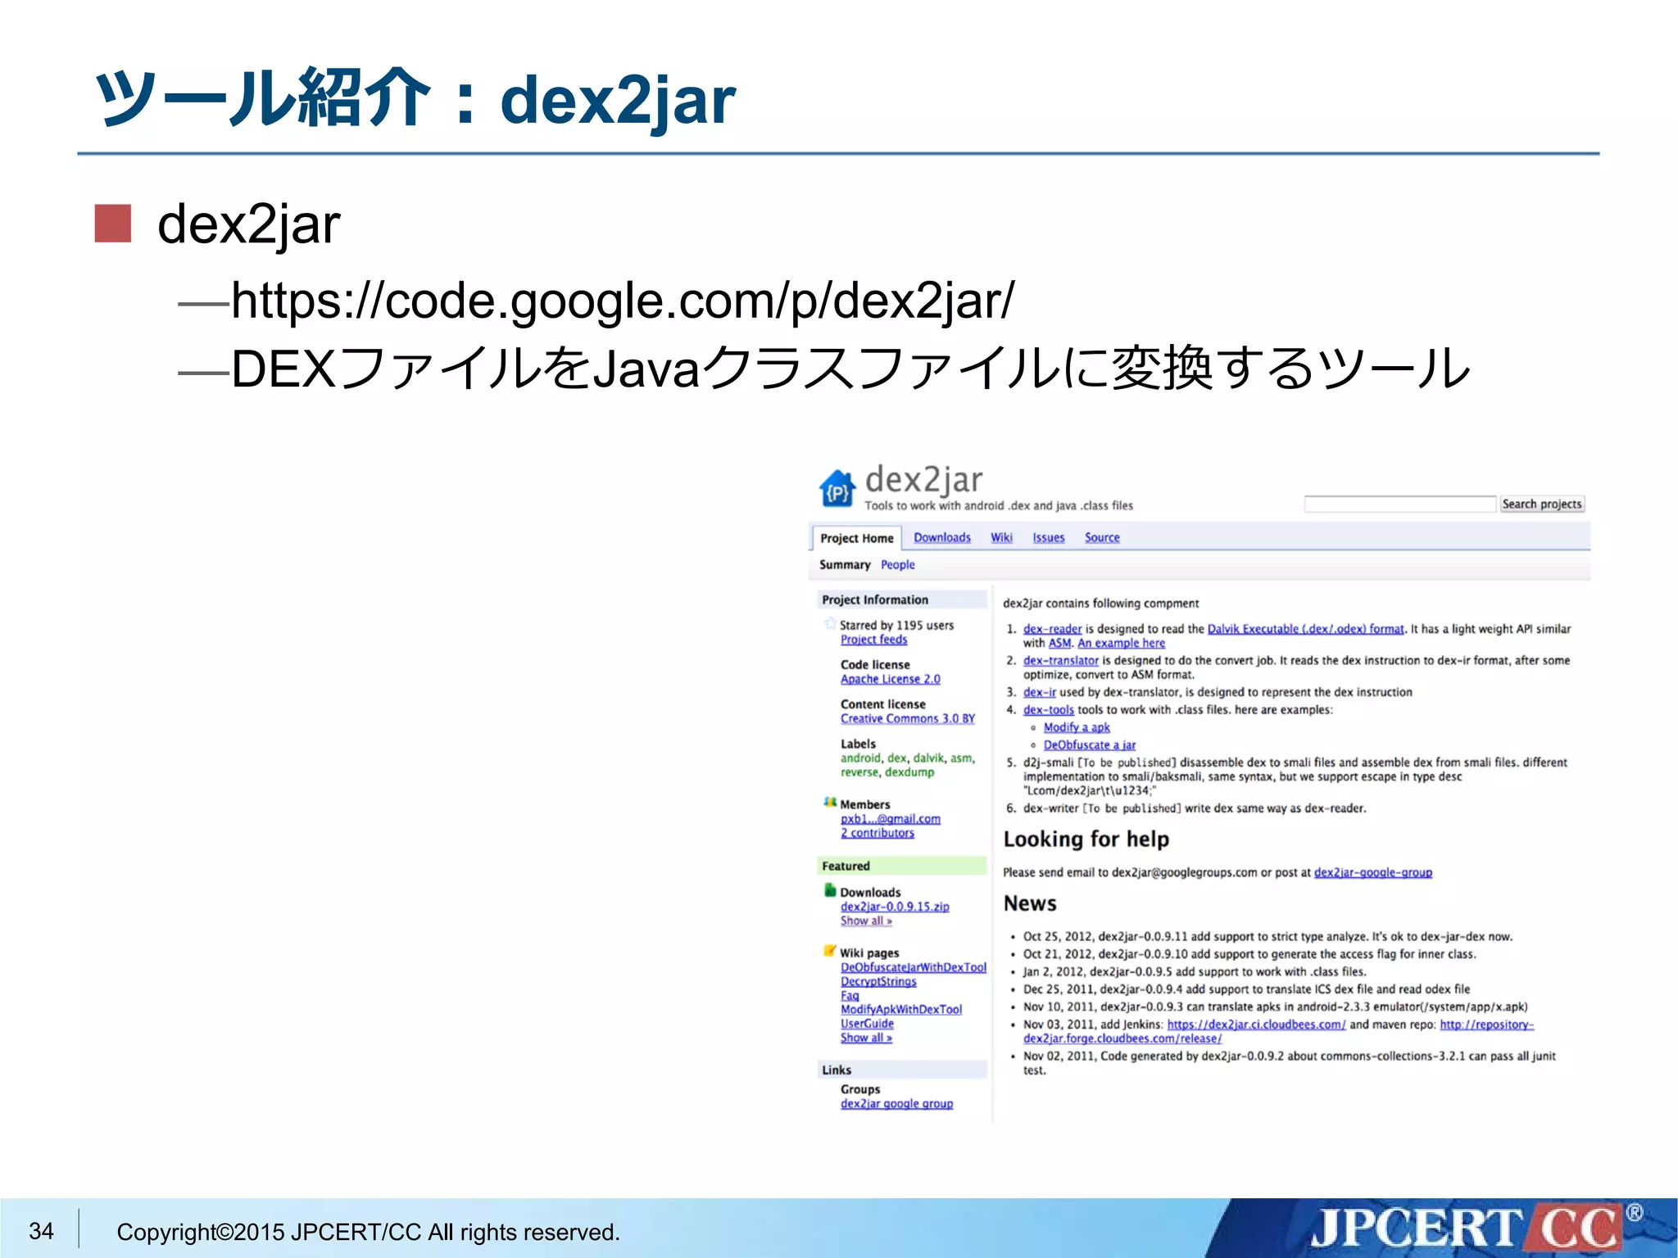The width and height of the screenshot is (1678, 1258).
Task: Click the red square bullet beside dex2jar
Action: click(x=113, y=224)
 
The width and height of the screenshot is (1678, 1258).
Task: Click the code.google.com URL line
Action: click(x=623, y=301)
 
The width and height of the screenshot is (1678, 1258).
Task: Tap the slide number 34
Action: click(x=41, y=1231)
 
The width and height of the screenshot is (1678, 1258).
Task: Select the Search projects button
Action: click(x=1541, y=504)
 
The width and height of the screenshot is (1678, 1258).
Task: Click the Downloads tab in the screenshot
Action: click(x=941, y=537)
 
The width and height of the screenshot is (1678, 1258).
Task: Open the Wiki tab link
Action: click(x=1001, y=537)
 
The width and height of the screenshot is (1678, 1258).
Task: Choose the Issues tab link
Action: click(x=1048, y=537)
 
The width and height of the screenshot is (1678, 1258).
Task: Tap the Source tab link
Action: click(x=1102, y=537)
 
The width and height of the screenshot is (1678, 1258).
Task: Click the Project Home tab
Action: click(x=856, y=538)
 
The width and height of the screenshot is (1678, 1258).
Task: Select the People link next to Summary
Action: click(x=897, y=564)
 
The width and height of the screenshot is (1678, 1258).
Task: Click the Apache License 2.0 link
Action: click(x=890, y=679)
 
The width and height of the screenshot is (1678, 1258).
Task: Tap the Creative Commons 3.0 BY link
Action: click(x=907, y=718)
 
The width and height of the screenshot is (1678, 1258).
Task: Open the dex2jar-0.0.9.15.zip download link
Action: click(x=895, y=907)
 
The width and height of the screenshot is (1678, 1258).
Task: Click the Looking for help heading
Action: click(x=1086, y=839)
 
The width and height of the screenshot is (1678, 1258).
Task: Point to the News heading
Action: click(x=1030, y=903)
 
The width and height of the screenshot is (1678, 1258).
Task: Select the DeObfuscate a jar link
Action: click(x=1089, y=744)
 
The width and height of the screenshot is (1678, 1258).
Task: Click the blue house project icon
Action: click(x=837, y=489)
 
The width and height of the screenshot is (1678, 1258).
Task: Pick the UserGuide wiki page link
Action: click(x=867, y=1024)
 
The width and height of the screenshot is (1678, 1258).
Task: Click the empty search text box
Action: click(x=1399, y=504)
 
